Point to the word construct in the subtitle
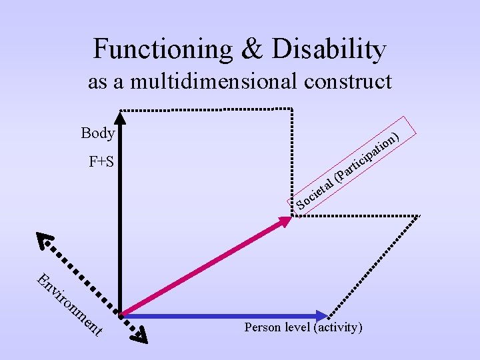[347, 82]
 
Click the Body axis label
[98, 133]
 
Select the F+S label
[101, 161]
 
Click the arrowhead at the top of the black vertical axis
[120, 118]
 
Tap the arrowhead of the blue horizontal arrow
[323, 315]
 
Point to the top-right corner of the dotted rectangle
[292, 109]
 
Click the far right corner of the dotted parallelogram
[419, 215]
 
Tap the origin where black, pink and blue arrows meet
[121, 313]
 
